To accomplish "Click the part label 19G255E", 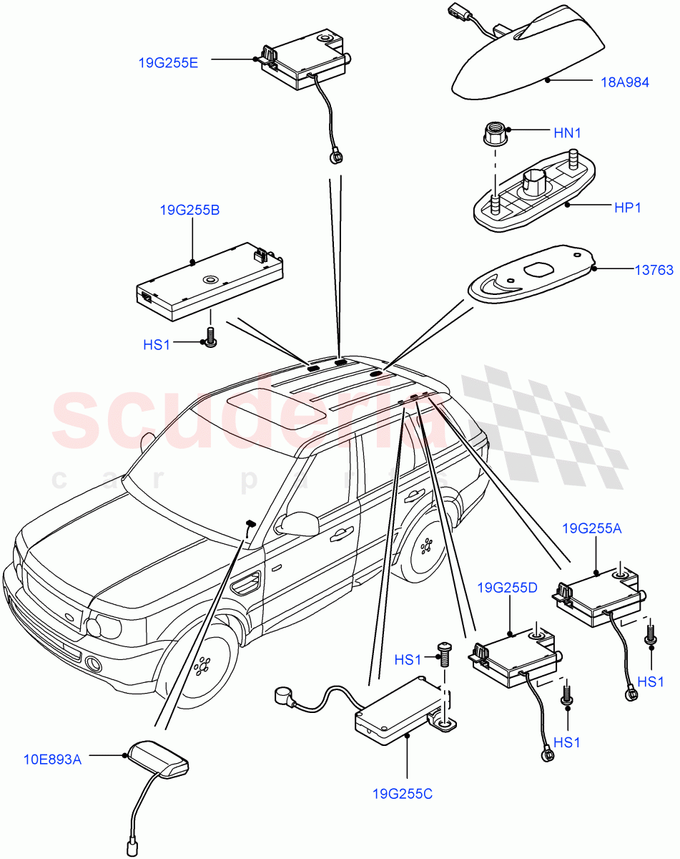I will pyautogui.click(x=168, y=62).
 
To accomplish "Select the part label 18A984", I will pyautogui.click(x=624, y=82).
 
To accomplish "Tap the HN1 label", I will pyautogui.click(x=567, y=133).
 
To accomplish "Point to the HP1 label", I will pyautogui.click(x=626, y=208).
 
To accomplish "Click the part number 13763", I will pyautogui.click(x=654, y=270).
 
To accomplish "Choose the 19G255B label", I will pyautogui.click(x=189, y=210).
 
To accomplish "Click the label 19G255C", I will pyautogui.click(x=402, y=794).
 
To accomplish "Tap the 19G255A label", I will pyautogui.click(x=592, y=529).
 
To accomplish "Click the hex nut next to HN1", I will pyautogui.click(x=494, y=132).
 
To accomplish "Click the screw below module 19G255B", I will pyautogui.click(x=210, y=337).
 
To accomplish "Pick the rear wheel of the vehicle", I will pyautogui.click(x=428, y=548).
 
